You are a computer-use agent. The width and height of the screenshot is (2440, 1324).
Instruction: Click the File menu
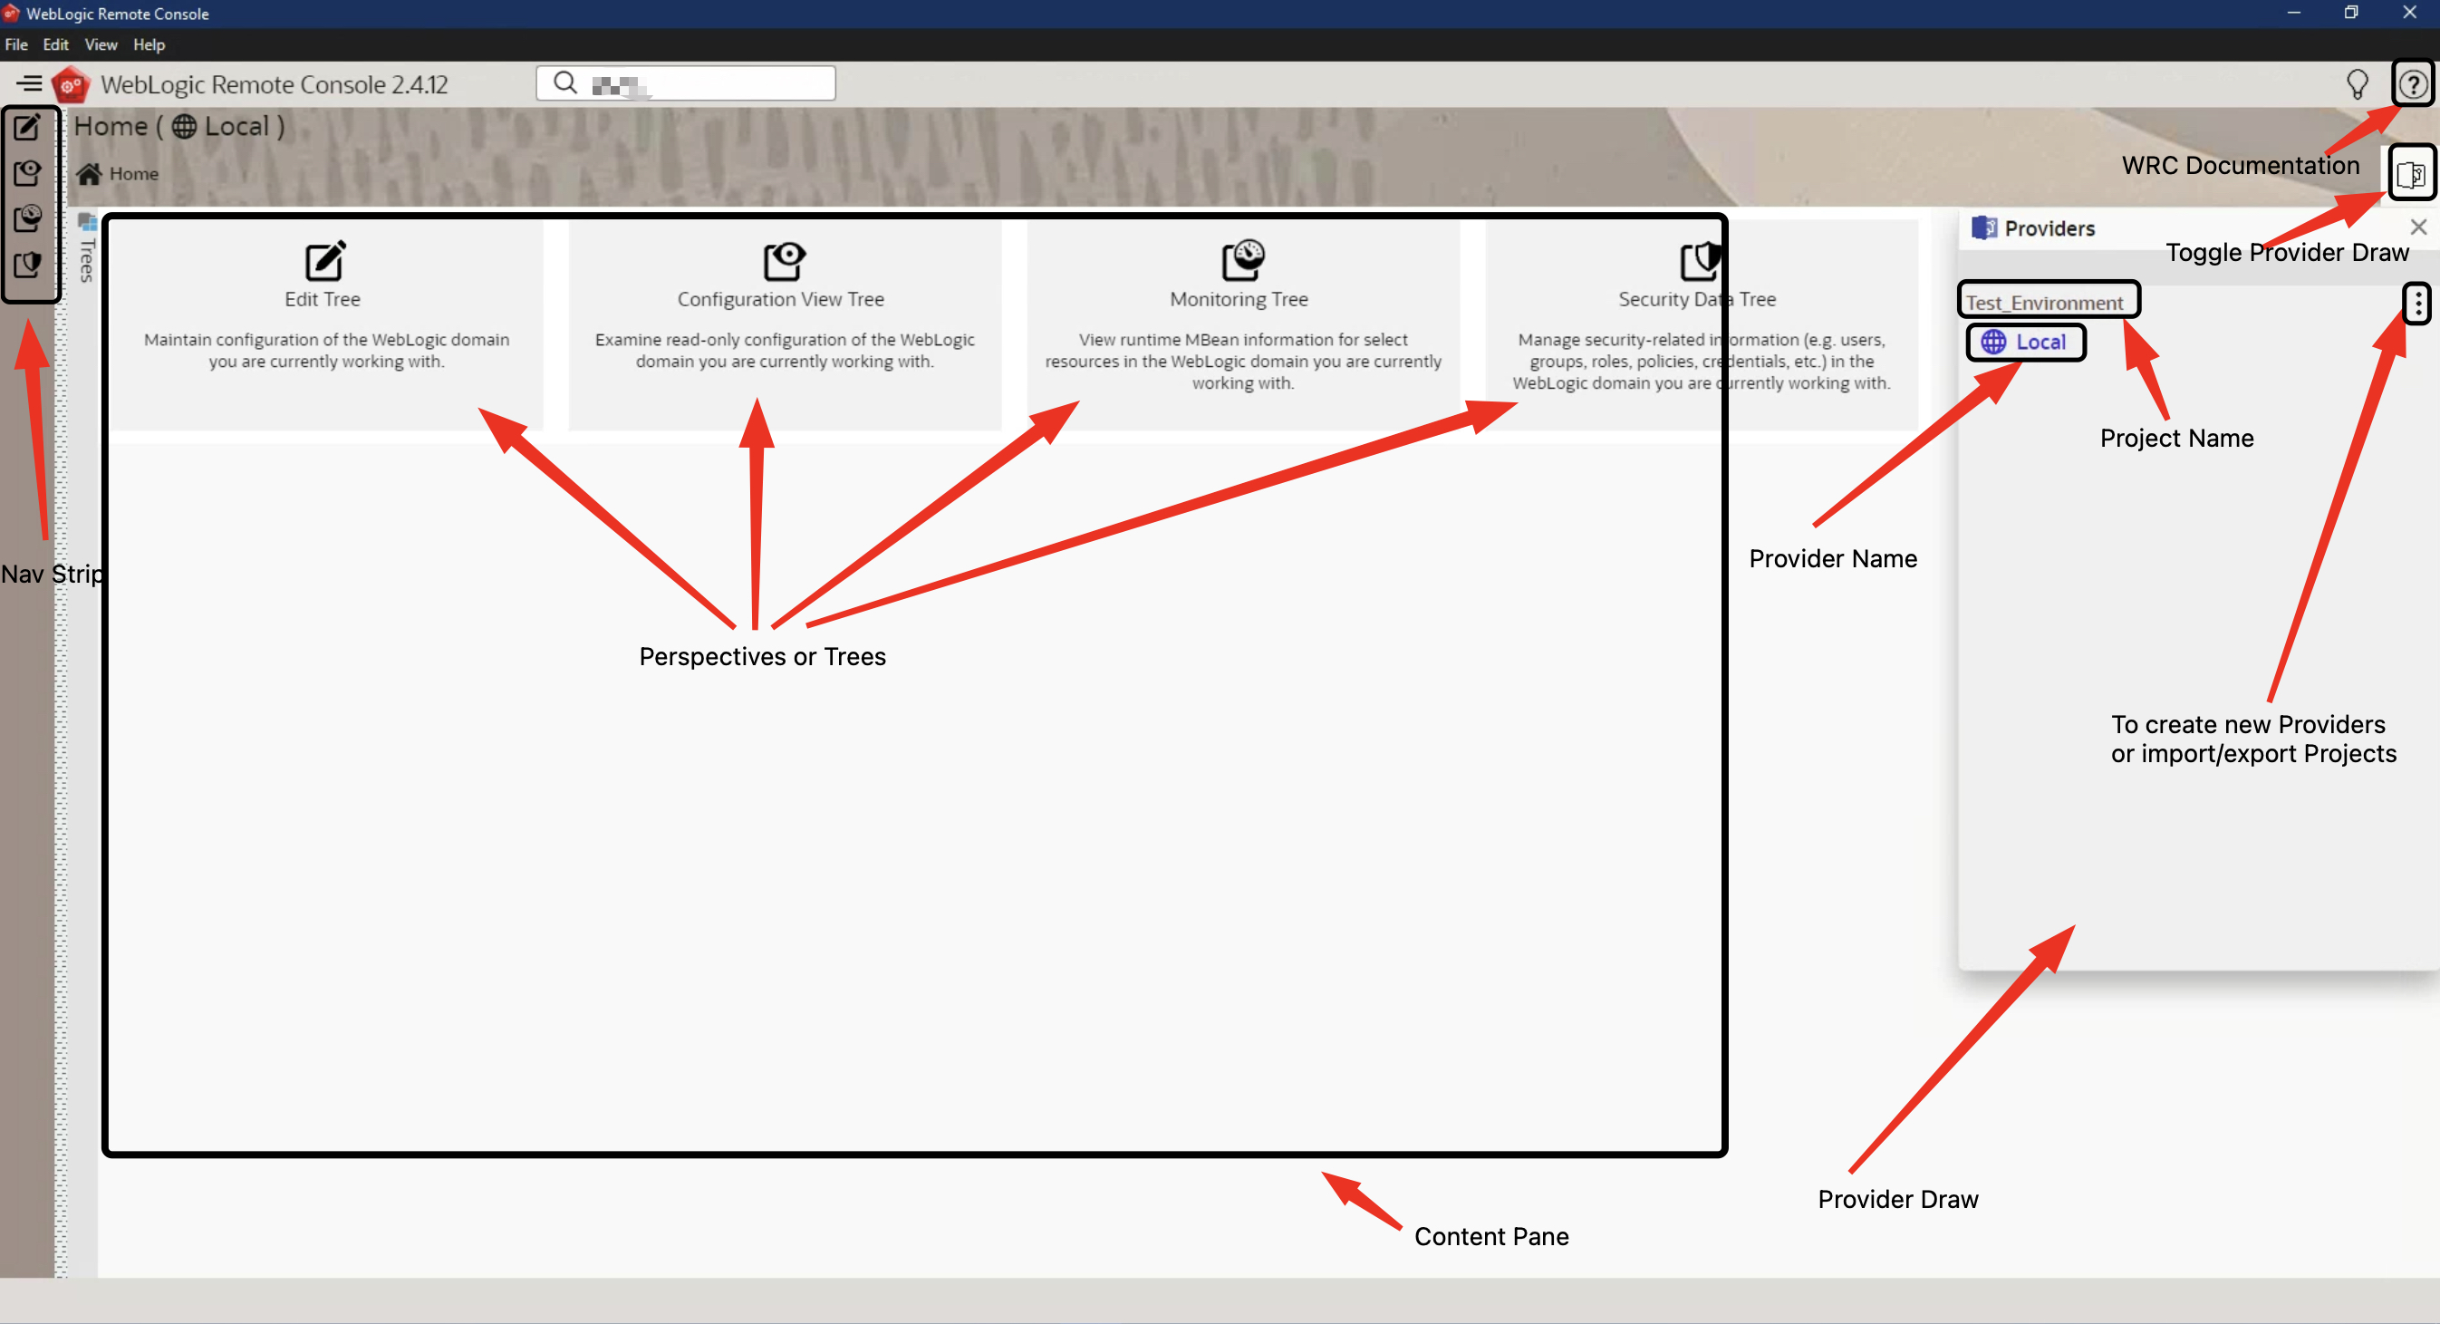point(16,44)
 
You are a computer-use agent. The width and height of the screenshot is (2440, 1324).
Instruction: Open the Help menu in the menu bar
point(149,44)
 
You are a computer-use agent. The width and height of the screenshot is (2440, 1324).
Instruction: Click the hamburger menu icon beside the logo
point(29,83)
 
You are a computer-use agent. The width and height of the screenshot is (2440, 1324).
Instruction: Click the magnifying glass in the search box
point(565,83)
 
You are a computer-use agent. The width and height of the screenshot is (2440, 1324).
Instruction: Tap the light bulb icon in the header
point(2357,85)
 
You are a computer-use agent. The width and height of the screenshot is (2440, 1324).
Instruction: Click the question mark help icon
point(2412,84)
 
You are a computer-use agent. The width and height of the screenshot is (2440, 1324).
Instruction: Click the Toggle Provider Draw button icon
point(2411,173)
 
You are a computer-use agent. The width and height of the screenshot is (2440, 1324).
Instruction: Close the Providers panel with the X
point(2418,227)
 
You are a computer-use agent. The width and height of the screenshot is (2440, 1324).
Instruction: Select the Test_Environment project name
point(2044,302)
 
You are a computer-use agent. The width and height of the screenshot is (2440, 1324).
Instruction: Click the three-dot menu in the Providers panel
point(2417,303)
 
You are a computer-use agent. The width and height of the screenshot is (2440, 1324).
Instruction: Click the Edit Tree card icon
point(325,260)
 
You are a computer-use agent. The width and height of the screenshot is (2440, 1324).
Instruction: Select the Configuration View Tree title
point(780,299)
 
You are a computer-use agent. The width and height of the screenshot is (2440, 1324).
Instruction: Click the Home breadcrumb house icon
point(89,173)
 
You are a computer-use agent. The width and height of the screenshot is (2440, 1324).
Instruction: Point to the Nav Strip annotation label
point(52,574)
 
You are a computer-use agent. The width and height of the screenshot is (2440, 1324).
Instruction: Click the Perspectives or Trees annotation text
point(763,656)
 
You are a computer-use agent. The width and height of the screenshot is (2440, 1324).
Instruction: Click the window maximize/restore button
point(2351,14)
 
